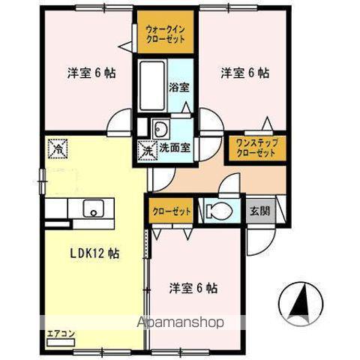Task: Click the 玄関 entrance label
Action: (260, 211)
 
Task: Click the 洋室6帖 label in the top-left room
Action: (91, 73)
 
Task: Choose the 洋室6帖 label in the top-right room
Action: (244, 73)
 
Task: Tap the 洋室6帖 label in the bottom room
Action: (193, 287)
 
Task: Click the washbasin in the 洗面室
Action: (160, 126)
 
